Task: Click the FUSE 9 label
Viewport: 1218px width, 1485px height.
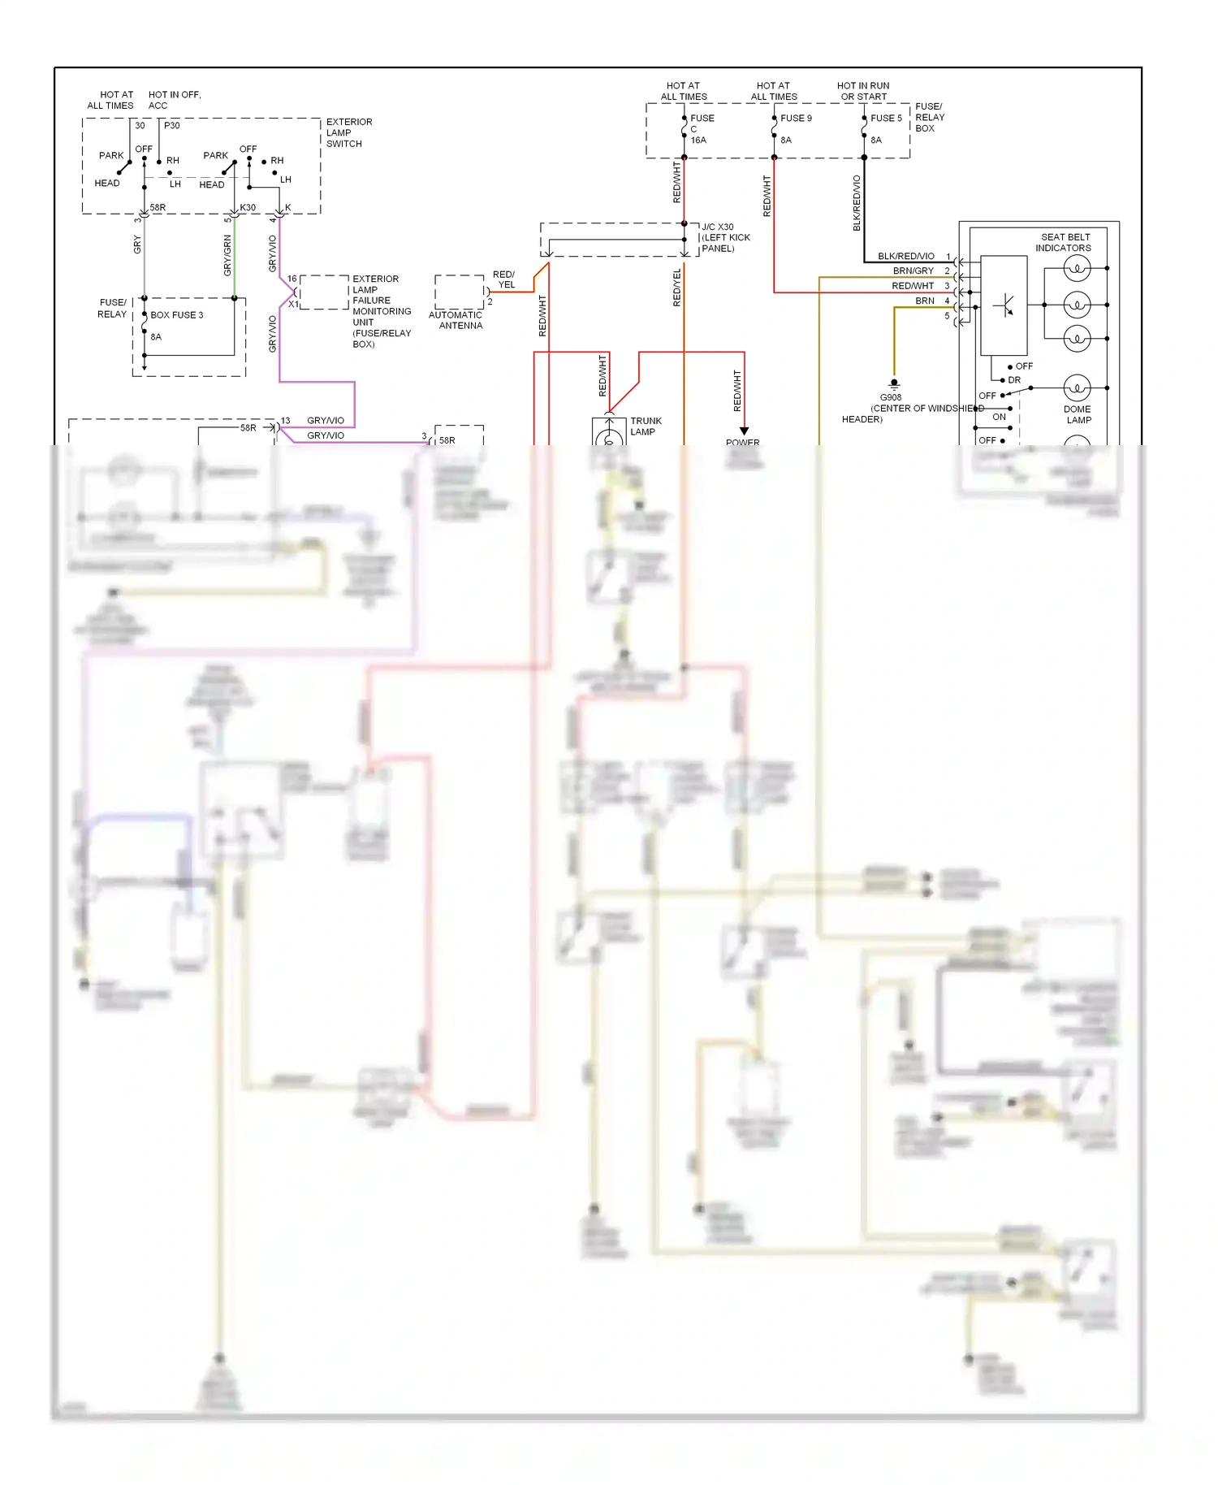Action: (796, 119)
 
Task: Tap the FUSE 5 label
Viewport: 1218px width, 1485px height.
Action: (886, 119)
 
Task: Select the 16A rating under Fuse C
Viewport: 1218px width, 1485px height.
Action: (698, 141)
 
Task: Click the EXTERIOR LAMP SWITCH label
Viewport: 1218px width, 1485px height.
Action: (349, 133)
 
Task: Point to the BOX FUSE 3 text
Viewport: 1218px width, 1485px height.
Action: (177, 315)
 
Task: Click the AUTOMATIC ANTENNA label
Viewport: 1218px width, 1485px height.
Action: (456, 320)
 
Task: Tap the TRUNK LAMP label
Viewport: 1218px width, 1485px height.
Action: (646, 426)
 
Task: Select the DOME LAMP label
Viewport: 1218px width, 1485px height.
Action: (1078, 414)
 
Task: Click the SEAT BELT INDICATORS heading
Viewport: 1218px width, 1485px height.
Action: (1064, 243)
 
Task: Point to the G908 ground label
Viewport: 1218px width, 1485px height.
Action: (891, 398)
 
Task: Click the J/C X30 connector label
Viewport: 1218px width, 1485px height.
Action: (718, 227)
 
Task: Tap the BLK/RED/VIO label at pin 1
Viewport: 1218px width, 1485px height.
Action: (905, 257)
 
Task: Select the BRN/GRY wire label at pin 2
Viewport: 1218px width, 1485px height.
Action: (913, 271)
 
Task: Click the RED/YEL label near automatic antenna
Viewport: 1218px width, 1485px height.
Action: (504, 279)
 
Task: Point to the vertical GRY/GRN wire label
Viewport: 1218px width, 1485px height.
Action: (227, 255)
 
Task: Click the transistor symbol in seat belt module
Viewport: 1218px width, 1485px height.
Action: (1004, 306)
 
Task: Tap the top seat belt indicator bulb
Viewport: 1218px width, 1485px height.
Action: (1077, 268)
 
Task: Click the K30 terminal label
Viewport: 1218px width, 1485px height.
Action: (248, 208)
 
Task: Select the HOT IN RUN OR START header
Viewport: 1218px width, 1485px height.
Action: (863, 91)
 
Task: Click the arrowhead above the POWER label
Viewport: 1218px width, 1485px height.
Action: (744, 431)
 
